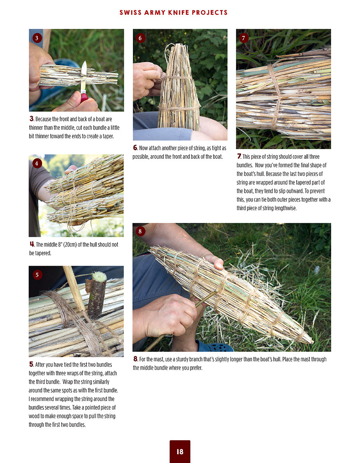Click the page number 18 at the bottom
(x=180, y=451)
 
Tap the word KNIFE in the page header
(x=179, y=13)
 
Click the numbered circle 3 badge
(x=37, y=38)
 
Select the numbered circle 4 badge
(x=37, y=163)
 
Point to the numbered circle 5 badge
(x=37, y=275)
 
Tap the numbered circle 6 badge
(x=140, y=38)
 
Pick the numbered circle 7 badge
(x=244, y=38)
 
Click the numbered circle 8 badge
(x=140, y=231)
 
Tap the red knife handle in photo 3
(x=84, y=97)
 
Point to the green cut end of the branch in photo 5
(x=99, y=277)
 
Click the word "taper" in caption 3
(x=108, y=136)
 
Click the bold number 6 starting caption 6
(x=135, y=148)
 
